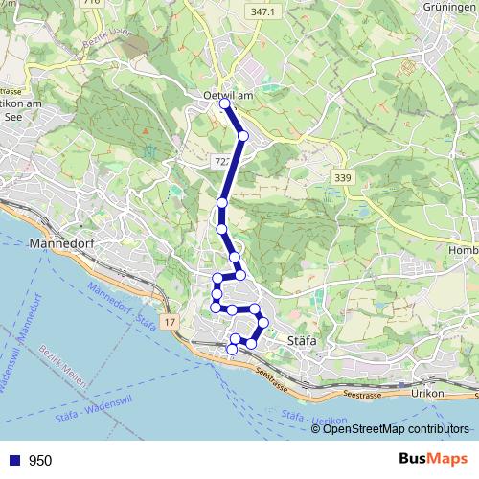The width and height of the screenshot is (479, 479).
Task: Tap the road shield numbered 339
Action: coord(343,178)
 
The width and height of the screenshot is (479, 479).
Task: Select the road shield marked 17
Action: coord(169,324)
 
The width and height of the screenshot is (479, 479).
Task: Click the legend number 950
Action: coord(40,461)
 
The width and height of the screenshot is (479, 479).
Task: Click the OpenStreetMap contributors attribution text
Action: coord(396,428)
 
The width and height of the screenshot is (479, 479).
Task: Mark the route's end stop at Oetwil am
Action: coord(225,104)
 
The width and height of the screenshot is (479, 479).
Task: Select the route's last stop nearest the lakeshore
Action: coord(232,350)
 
